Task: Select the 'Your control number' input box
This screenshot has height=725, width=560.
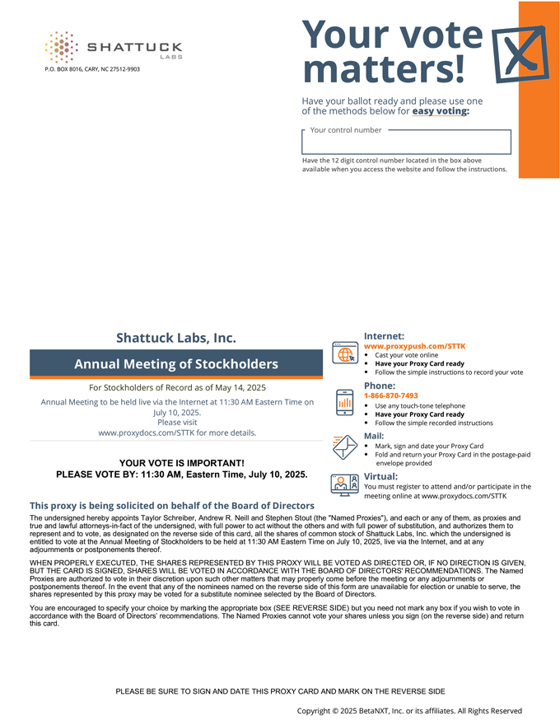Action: [407, 142]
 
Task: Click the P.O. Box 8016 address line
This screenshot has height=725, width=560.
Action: [92, 69]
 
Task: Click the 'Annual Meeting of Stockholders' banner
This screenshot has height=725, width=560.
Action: [176, 363]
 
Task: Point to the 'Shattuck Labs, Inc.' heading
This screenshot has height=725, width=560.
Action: [176, 338]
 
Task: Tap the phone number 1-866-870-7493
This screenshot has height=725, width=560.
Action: [391, 395]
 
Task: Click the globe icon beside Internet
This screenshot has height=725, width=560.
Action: [344, 353]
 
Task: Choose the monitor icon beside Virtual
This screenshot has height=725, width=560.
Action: [344, 484]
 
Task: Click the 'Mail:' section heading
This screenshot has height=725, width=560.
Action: [374, 435]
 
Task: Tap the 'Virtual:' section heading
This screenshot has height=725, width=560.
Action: [380, 476]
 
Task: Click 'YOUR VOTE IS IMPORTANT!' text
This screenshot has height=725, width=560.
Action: [181, 463]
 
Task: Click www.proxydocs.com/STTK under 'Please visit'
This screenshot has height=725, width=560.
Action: [176, 432]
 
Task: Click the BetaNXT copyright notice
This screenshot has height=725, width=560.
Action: [409, 710]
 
